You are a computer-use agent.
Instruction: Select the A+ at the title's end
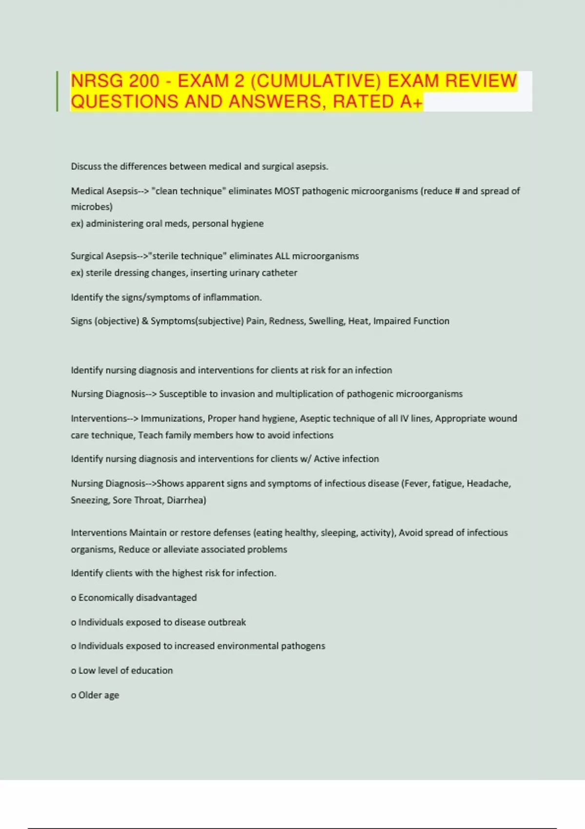point(411,102)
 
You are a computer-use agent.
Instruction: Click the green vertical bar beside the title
point(58,91)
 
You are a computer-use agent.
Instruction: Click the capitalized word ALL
point(282,256)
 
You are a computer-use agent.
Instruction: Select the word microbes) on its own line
point(92,207)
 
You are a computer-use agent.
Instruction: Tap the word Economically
point(106,598)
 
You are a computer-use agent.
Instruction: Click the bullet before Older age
point(74,696)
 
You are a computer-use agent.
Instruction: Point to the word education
point(152,671)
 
